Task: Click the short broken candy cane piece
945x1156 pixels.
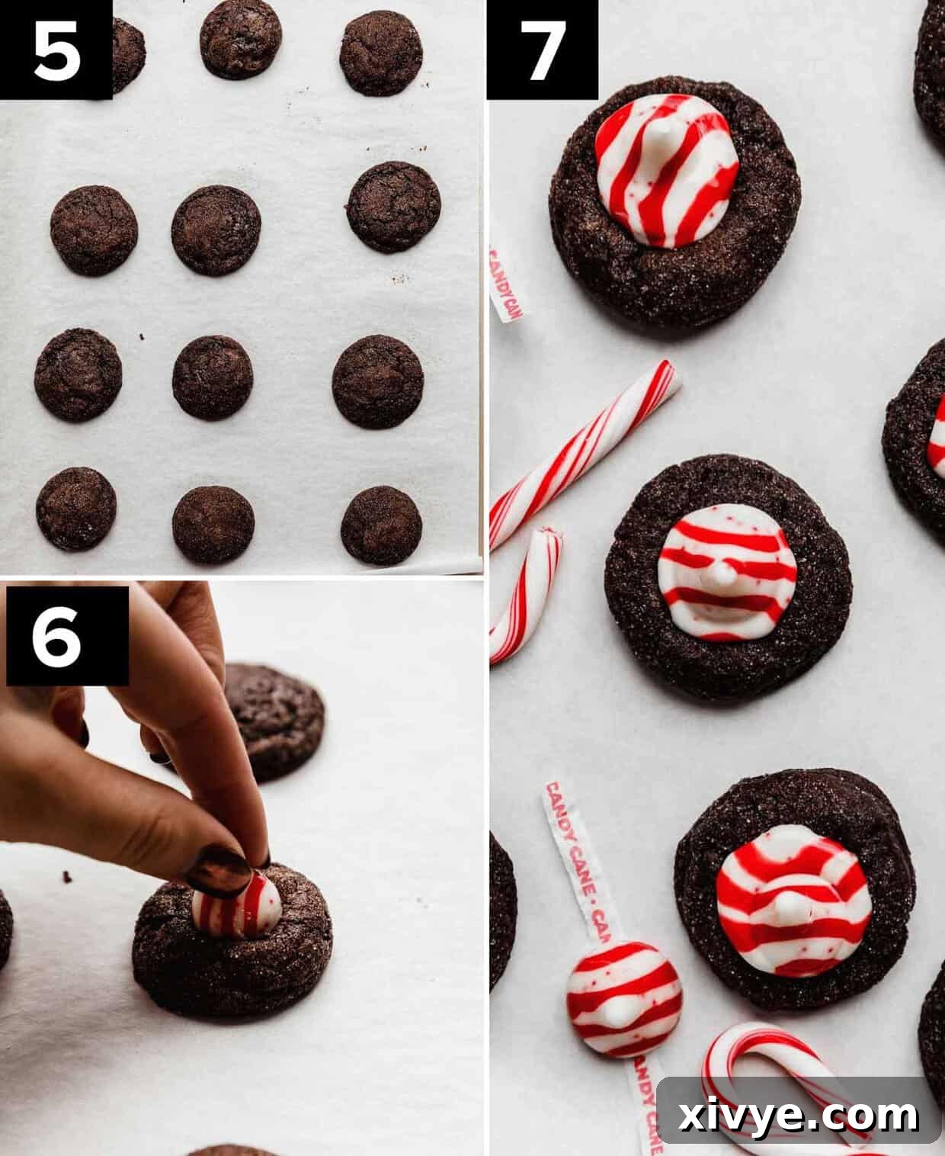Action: pyautogui.click(x=526, y=595)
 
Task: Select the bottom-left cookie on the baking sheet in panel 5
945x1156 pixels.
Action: pyautogui.click(x=76, y=509)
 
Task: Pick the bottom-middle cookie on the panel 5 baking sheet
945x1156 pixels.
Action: pyautogui.click(x=213, y=524)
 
